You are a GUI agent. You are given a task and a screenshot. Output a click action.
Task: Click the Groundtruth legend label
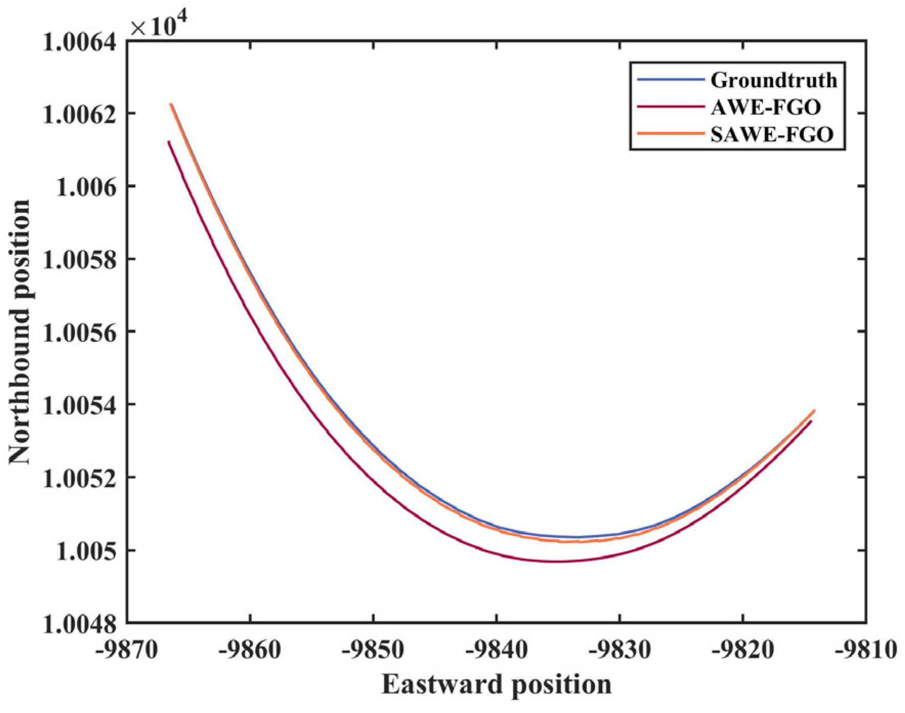click(773, 80)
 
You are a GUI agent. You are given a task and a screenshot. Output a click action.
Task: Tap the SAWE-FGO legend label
click(772, 134)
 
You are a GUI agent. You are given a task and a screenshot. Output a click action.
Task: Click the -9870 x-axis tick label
click(127, 649)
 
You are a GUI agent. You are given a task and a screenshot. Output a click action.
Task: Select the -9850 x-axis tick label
click(373, 649)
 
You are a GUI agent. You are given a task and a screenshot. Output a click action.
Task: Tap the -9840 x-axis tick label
click(496, 649)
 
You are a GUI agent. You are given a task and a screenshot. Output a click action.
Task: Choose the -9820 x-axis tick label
click(742, 649)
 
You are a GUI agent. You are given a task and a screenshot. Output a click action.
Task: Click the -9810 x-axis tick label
click(865, 649)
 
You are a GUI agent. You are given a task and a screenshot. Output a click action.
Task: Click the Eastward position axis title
click(496, 685)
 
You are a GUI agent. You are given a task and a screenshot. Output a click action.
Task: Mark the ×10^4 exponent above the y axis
click(159, 25)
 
